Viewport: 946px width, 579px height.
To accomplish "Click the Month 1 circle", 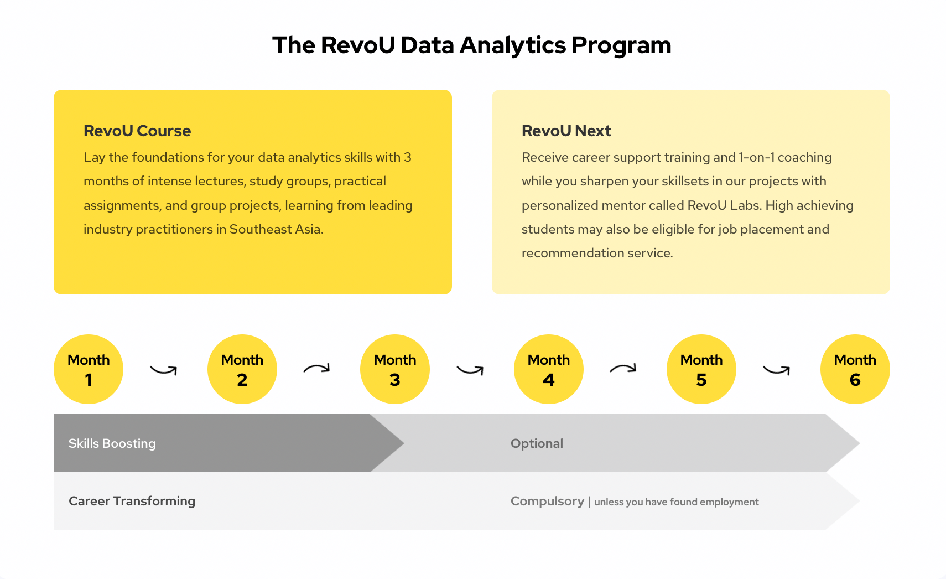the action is tap(89, 369).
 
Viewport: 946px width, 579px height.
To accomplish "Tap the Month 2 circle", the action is tap(242, 369).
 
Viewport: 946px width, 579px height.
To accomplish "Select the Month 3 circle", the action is tap(395, 369).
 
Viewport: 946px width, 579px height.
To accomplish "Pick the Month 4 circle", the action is tap(549, 369).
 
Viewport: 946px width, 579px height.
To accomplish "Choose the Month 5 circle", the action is tap(701, 369).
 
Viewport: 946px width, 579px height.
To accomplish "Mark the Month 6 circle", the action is tap(855, 369).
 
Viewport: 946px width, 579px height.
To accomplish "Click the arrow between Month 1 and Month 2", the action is tap(163, 373).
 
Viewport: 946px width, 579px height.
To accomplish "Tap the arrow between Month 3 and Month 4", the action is tap(470, 373).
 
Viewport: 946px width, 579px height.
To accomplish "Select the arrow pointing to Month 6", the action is tap(776, 373).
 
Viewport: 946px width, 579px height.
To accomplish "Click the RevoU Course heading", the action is tap(137, 131).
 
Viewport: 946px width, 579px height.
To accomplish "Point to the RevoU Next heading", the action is tap(566, 131).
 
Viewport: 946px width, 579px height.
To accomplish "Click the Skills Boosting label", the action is tap(112, 443).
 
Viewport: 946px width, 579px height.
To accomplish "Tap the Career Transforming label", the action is tap(132, 501).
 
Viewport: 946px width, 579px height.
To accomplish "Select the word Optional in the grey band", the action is tap(537, 443).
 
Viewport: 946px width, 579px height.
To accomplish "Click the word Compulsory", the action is tap(547, 502).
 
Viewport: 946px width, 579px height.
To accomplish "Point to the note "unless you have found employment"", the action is tap(677, 502).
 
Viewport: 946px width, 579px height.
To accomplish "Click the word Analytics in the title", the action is tap(513, 45).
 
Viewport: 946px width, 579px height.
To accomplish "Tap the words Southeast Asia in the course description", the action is tap(276, 229).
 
